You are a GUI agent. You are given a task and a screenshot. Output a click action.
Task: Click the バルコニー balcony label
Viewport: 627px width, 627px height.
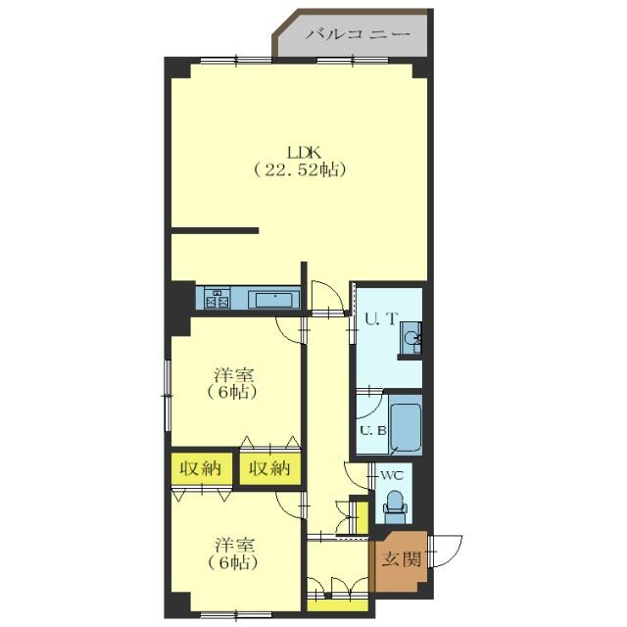click(x=358, y=34)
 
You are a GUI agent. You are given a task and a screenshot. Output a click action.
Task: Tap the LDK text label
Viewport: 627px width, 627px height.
click(x=303, y=153)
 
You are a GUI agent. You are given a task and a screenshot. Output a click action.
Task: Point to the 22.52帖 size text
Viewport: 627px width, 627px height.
click(x=300, y=169)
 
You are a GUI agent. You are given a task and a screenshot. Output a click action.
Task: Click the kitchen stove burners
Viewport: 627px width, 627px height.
click(x=217, y=298)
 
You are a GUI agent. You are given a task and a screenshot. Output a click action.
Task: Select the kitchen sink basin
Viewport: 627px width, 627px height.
click(x=274, y=300)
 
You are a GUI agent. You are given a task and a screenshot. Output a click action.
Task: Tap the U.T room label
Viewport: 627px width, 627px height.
click(x=381, y=319)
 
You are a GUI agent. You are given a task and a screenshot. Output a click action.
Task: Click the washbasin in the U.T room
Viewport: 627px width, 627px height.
click(x=411, y=338)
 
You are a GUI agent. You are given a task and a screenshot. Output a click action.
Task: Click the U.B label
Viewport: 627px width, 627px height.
click(x=373, y=431)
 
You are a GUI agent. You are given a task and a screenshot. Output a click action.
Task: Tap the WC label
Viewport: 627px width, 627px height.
click(x=392, y=476)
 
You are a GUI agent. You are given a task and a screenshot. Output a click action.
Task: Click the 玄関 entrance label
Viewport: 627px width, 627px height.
click(x=402, y=559)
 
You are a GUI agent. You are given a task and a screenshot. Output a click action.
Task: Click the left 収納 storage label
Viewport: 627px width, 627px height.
click(x=201, y=468)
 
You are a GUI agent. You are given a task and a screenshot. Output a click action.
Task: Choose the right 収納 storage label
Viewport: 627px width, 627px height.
click(x=269, y=468)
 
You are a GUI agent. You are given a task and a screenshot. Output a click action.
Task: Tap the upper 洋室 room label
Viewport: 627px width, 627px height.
click(x=234, y=375)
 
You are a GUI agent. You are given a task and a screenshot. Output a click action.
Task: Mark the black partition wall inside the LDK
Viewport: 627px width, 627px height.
click(x=215, y=231)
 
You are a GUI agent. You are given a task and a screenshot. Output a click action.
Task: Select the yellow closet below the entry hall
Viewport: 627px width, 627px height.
click(x=338, y=604)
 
